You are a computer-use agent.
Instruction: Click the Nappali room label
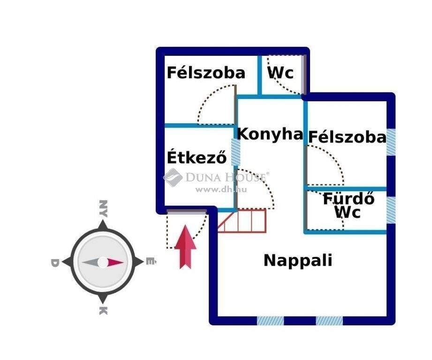pyautogui.click(x=298, y=261)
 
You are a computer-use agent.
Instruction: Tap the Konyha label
pyautogui.click(x=270, y=135)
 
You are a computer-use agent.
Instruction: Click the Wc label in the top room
pyautogui.click(x=280, y=73)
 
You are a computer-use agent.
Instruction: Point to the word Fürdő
pyautogui.click(x=349, y=198)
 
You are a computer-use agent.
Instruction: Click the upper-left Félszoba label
pyautogui.click(x=206, y=73)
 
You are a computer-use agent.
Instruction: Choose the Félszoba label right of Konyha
pyautogui.click(x=347, y=137)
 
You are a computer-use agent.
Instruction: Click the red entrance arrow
pyautogui.click(x=185, y=247)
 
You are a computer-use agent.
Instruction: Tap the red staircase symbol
pyautogui.click(x=242, y=221)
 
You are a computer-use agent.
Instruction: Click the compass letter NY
pyautogui.click(x=103, y=209)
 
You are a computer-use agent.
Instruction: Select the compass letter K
pyautogui.click(x=103, y=311)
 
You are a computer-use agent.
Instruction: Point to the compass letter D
pyautogui.click(x=54, y=263)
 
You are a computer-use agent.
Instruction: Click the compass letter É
pyautogui.click(x=151, y=261)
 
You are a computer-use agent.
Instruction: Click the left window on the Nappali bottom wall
pyautogui.click(x=270, y=321)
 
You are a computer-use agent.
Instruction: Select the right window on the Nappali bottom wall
pyautogui.click(x=329, y=321)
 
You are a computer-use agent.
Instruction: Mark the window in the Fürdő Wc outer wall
pyautogui.click(x=391, y=210)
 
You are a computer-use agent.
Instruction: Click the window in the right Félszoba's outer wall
pyautogui.click(x=391, y=142)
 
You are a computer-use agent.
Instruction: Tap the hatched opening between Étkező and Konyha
pyautogui.click(x=235, y=152)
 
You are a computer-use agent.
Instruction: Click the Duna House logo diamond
pyautogui.click(x=173, y=177)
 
